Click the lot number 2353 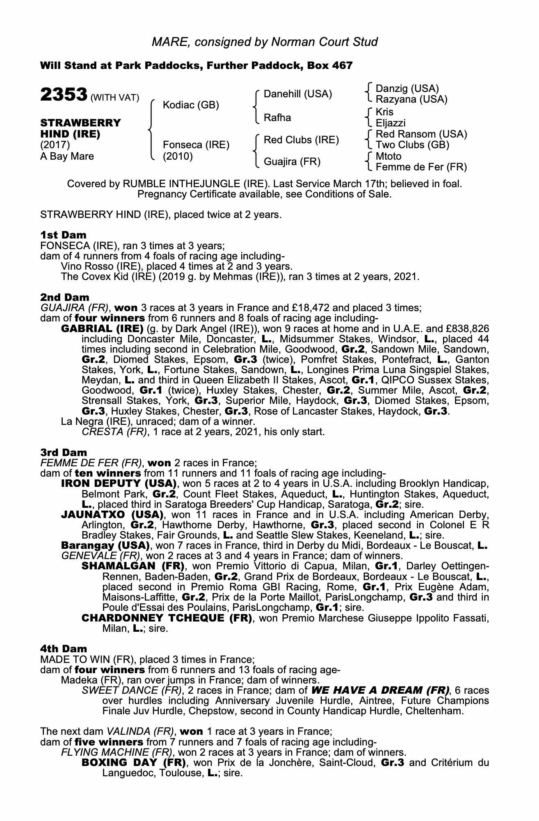coord(63,94)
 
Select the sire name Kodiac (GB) coord(191,105)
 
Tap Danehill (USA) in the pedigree coord(298,94)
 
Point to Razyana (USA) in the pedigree coord(411,99)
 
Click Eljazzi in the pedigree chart coord(391,123)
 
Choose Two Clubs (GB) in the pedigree coord(412,145)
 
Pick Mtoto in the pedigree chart coord(388,156)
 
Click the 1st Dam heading coord(64,235)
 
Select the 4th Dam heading coord(64,649)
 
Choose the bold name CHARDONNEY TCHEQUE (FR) coord(167,618)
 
